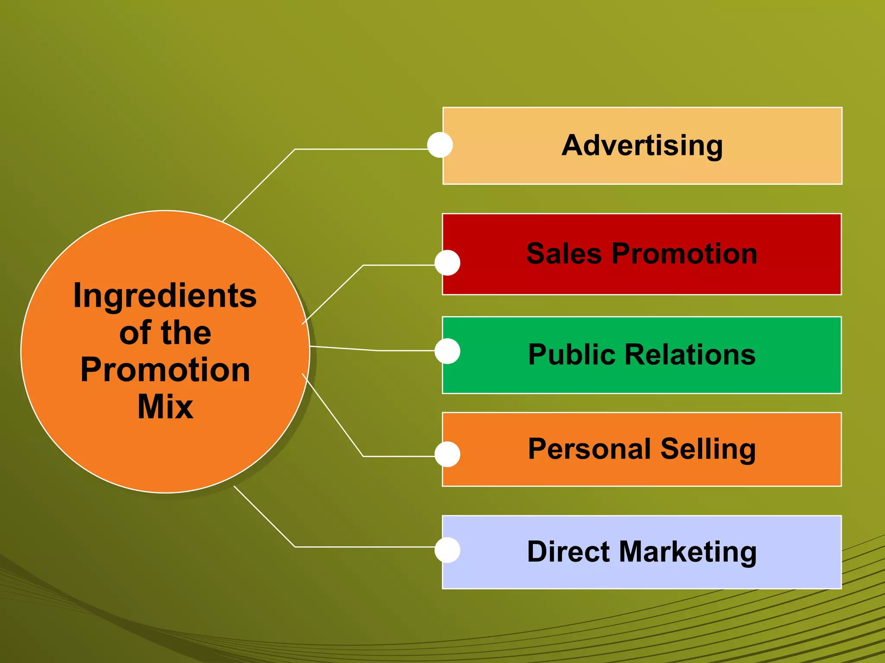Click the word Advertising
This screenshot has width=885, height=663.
642,146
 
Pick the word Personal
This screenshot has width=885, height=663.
588,449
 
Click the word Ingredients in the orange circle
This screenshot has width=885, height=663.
165,296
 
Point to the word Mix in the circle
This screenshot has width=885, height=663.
165,407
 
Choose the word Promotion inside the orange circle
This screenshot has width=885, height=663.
165,370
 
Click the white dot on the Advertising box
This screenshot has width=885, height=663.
440,145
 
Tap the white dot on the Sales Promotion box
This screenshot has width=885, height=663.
447,262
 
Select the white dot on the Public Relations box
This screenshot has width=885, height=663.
447,351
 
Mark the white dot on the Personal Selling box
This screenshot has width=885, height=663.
447,454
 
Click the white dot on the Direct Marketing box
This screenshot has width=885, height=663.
447,550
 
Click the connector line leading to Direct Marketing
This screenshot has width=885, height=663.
363,547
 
